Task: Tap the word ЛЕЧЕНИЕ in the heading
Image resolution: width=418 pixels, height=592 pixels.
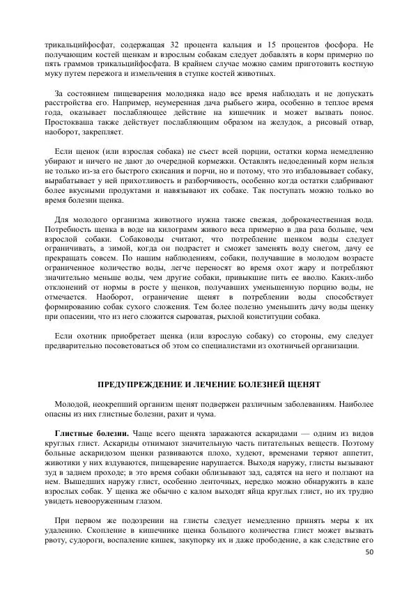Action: click(214, 384)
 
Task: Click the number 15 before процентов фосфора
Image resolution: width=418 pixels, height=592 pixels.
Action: click(267, 45)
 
